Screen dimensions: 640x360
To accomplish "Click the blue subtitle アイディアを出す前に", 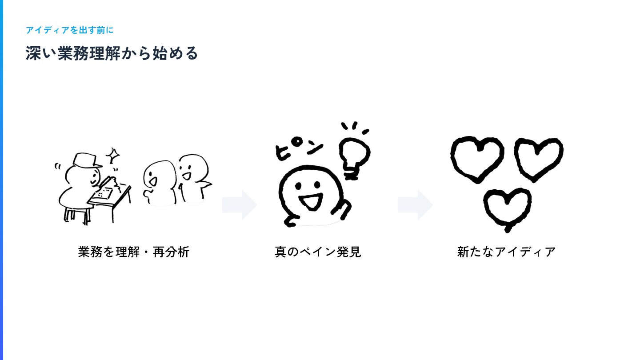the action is (x=70, y=30).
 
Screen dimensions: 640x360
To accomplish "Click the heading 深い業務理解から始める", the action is (x=112, y=53).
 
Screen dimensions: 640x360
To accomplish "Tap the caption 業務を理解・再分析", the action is (x=134, y=252).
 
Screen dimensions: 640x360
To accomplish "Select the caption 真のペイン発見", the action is (x=318, y=252).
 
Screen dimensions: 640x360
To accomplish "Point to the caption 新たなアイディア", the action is (x=506, y=252).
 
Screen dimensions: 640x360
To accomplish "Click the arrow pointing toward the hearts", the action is (x=416, y=205).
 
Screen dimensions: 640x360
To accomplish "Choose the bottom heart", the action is (x=507, y=208).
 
